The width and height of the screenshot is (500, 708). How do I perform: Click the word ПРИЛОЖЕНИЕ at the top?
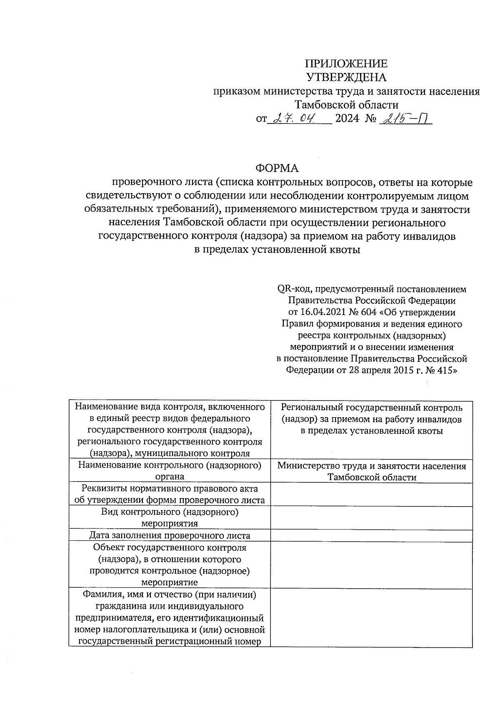point(346,63)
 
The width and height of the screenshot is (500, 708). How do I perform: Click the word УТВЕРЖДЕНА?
point(346,77)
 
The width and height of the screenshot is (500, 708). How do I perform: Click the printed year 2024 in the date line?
point(347,119)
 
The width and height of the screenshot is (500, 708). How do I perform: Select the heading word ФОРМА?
point(277,168)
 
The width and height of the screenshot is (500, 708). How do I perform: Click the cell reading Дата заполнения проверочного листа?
point(170,535)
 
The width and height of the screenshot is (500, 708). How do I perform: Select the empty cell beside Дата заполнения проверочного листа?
point(371,535)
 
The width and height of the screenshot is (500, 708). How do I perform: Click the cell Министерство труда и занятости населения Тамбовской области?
point(371,471)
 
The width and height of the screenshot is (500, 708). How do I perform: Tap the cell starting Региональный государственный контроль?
point(371,419)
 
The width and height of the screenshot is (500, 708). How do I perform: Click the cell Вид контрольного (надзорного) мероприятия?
point(170,517)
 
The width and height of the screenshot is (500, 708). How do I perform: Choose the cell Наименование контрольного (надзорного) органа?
point(170,471)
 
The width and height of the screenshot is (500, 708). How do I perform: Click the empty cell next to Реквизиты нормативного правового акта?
point(371,494)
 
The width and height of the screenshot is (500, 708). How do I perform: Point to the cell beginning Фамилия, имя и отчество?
point(170,617)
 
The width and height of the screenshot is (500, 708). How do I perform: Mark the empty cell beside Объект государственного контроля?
point(371,564)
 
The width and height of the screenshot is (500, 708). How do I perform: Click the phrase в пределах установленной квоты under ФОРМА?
point(277,250)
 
